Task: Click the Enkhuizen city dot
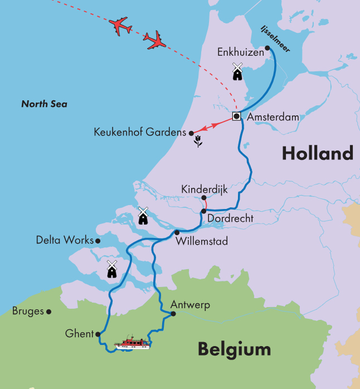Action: coord(267,48)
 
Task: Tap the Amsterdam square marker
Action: coord(236,116)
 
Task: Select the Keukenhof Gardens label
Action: coord(140,133)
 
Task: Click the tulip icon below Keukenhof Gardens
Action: coord(197,143)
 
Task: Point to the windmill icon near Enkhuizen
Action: coord(237,72)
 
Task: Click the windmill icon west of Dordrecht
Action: coord(143,216)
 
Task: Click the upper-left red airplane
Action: coord(121,26)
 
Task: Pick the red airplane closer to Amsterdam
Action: coord(155,40)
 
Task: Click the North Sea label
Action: coord(44,104)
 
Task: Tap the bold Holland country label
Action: coord(317,153)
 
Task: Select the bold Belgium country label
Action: coord(234,349)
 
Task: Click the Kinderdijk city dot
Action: coord(204,198)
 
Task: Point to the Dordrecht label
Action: coord(230,219)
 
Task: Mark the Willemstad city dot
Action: coord(177,232)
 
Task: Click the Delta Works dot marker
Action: coord(98,241)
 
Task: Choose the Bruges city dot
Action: coord(49,312)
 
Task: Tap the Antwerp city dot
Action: coord(173,314)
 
